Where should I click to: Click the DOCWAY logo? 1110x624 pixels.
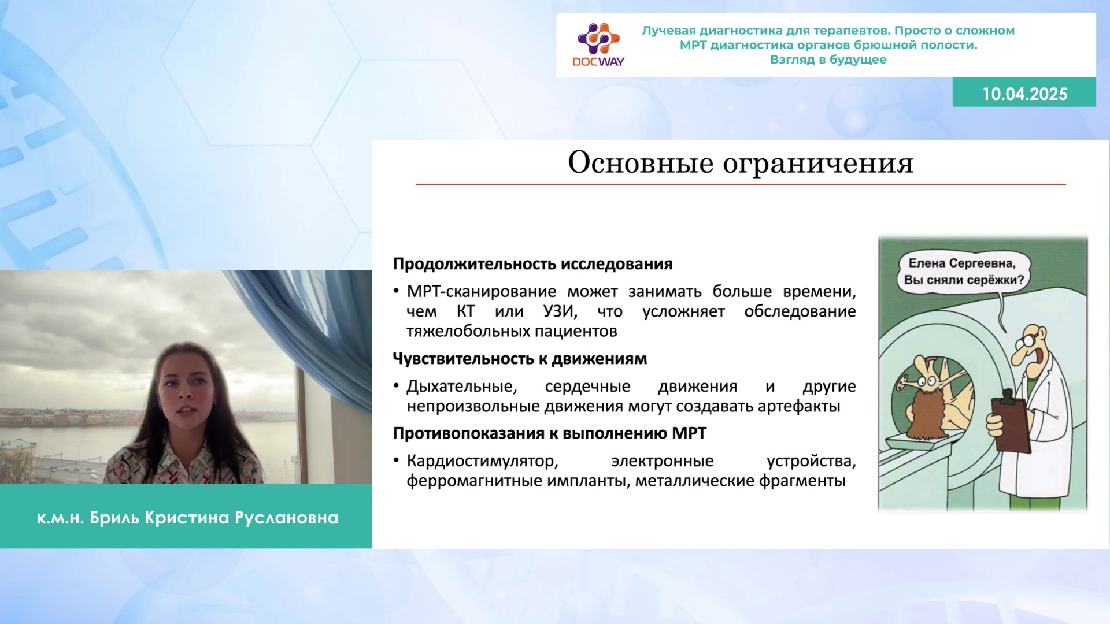[598, 45]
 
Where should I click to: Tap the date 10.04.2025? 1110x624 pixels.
[1024, 94]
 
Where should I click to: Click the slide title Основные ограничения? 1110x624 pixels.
[741, 162]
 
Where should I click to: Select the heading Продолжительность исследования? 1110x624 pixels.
[532, 264]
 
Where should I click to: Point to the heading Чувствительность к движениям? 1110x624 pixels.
[520, 359]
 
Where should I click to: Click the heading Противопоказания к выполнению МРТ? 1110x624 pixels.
[550, 433]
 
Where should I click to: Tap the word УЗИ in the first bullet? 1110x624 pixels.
[560, 311]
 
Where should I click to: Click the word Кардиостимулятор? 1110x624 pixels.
[482, 461]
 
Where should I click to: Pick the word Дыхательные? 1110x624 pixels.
[461, 387]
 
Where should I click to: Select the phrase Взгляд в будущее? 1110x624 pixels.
[828, 60]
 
